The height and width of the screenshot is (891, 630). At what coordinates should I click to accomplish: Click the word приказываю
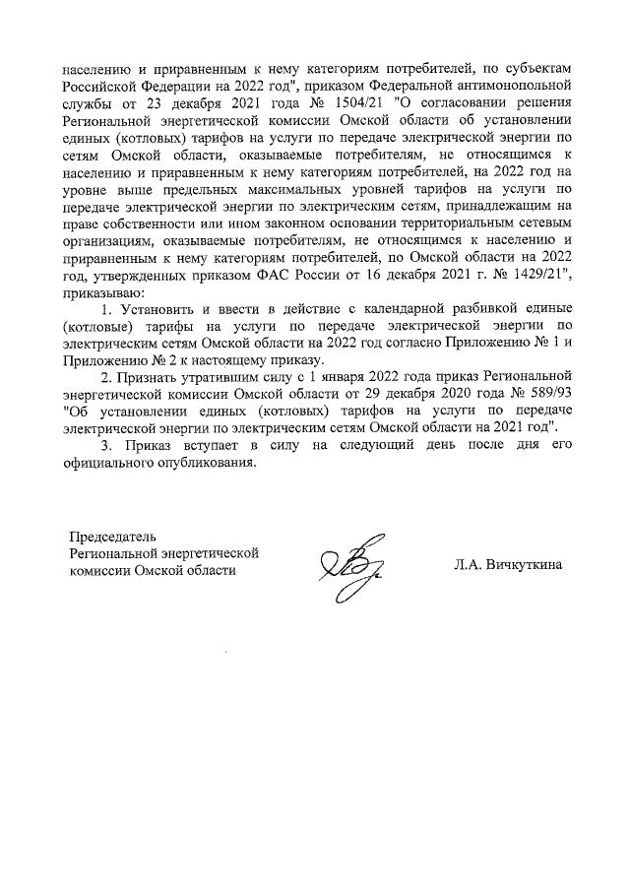102,292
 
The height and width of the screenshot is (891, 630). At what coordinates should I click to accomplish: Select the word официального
109,467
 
